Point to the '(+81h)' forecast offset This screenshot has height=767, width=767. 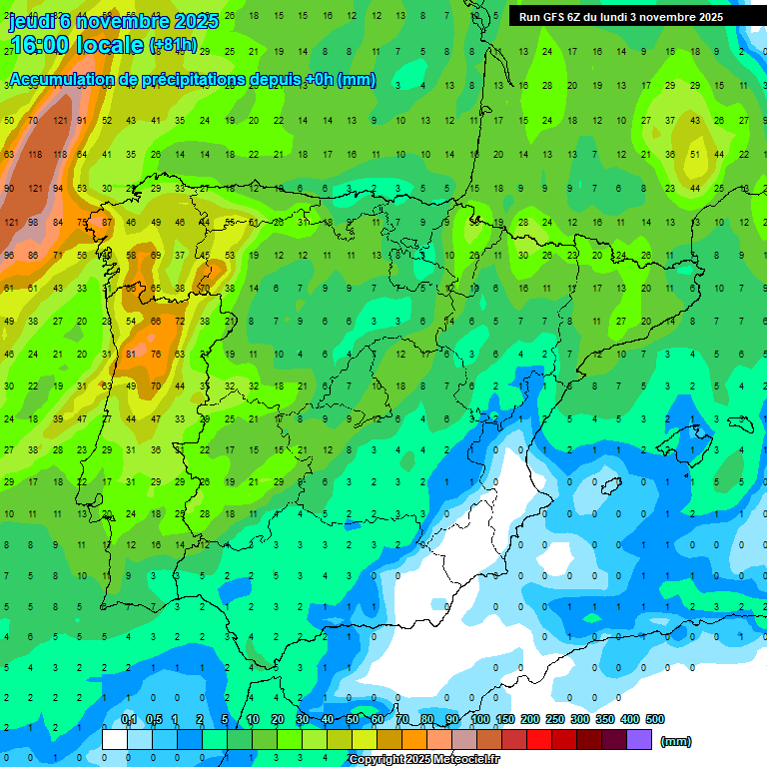[173, 46]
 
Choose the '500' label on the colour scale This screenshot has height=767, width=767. [655, 719]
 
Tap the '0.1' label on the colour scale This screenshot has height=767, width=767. [128, 719]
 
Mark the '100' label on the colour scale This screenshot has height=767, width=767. [480, 719]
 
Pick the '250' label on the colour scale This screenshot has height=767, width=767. [555, 719]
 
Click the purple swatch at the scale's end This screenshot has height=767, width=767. [639, 740]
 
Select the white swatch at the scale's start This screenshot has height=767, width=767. [115, 740]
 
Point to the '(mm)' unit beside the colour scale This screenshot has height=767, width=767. [676, 741]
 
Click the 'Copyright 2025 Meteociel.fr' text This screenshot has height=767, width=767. [424, 759]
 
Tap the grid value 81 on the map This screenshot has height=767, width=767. [131, 354]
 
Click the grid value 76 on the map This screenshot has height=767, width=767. [155, 354]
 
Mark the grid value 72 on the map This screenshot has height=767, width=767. [180, 322]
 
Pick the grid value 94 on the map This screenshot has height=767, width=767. [57, 189]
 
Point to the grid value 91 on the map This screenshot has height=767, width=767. [82, 122]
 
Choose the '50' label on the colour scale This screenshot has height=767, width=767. [354, 719]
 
